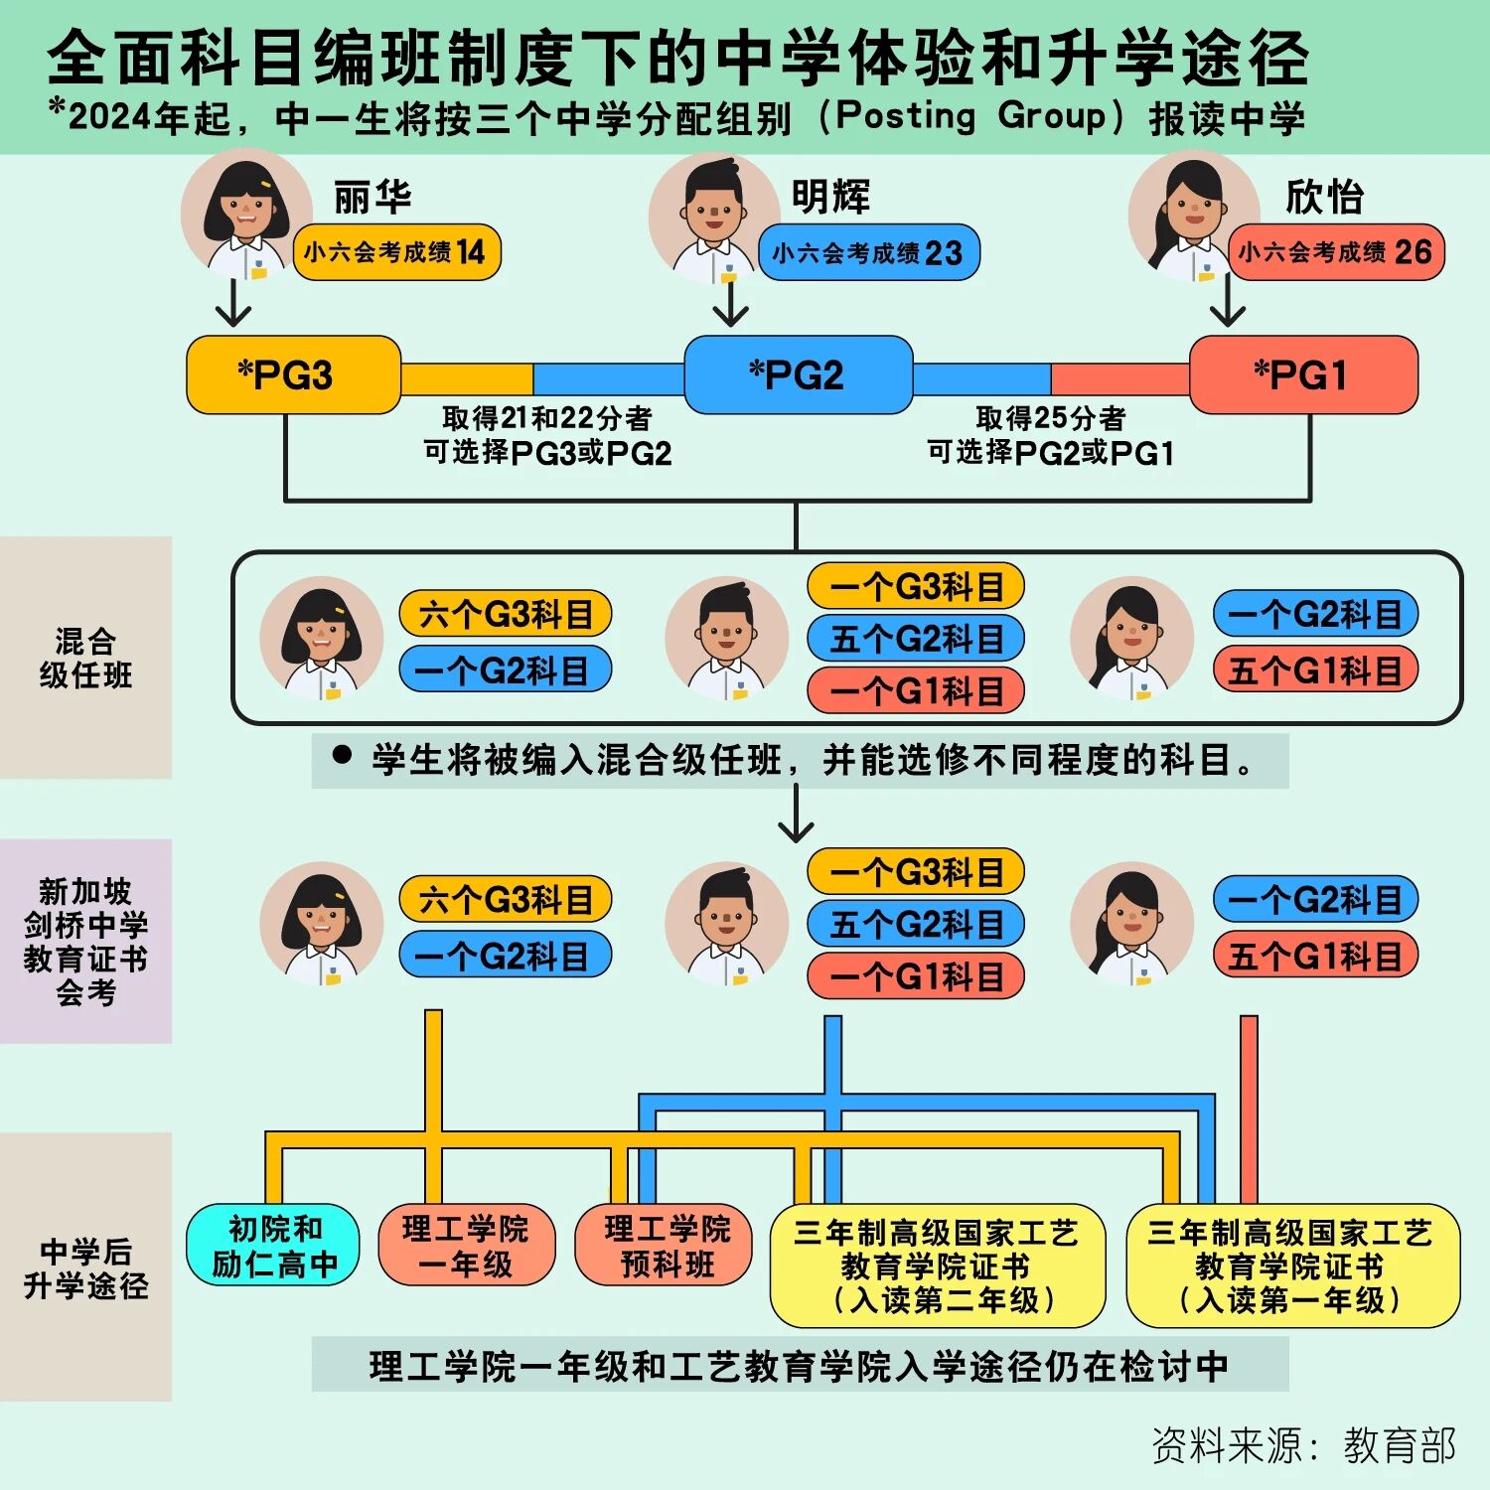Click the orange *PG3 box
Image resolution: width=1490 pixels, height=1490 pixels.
tap(294, 374)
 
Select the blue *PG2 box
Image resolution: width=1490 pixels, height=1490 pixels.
tap(798, 374)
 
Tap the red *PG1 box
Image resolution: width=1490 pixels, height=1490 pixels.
tap(1303, 374)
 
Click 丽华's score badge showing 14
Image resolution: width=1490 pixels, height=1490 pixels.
tap(396, 252)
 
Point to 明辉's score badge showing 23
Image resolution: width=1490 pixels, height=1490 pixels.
tap(868, 252)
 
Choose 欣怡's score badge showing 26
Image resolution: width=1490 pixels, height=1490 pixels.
tap(1336, 252)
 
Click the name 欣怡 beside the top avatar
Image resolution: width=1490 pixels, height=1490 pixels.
tap(1324, 197)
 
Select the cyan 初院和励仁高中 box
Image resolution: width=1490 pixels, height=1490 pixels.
tap(273, 1246)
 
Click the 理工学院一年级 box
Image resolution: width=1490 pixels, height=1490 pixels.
tap(466, 1246)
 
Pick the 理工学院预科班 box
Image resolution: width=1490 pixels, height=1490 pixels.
tap(667, 1246)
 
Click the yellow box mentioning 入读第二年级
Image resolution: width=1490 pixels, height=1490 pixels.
tap(938, 1266)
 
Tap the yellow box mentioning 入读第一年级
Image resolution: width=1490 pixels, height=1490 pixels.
tap(1292, 1266)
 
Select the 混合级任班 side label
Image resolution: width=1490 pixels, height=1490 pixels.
tap(85, 658)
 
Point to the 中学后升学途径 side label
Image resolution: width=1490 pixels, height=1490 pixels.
tap(85, 1267)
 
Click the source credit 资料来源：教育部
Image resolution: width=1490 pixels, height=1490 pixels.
tap(1303, 1445)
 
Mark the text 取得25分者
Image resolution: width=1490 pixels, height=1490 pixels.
tap(1051, 418)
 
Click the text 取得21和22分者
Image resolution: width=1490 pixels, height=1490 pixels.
tap(547, 418)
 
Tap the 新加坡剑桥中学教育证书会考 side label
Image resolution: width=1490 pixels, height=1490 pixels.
tap(85, 942)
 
